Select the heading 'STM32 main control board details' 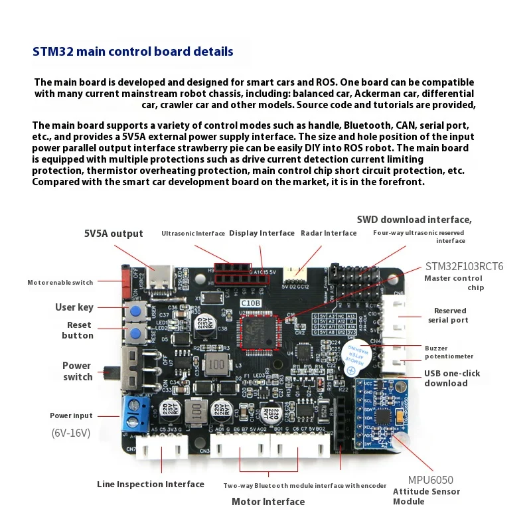133,51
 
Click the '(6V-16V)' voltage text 71,433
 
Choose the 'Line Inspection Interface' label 151,485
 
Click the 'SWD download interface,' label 414,220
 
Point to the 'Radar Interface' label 329,233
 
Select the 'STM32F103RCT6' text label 464,266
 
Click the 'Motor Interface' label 268,502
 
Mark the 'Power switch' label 77,371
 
